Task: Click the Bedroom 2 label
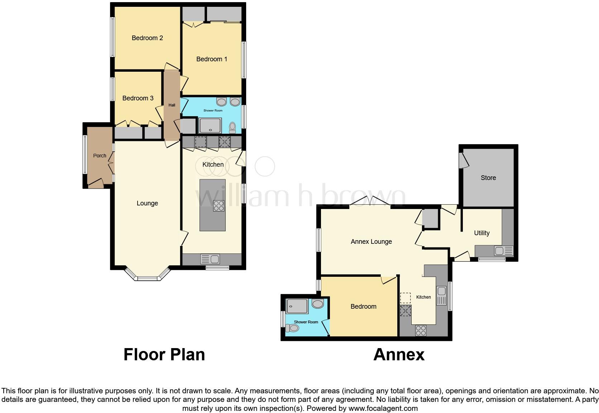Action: pos(147,38)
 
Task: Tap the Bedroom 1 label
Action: pos(211,59)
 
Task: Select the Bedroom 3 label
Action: pos(138,98)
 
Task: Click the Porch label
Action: pos(100,156)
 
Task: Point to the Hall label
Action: pos(172,105)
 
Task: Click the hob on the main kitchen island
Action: pos(219,206)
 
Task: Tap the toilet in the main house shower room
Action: pos(233,127)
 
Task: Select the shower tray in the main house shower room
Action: pos(210,125)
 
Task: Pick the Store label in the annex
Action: pos(488,178)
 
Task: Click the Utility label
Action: pos(481,233)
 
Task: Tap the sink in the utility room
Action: pos(499,251)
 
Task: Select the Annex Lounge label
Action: pos(371,242)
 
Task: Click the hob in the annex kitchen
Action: pos(421,330)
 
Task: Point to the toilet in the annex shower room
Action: pos(292,328)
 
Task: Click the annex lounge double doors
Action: pos(370,202)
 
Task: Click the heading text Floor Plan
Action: pos(164,355)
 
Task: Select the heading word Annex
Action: pos(399,355)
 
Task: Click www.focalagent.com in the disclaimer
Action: pos(383,408)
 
